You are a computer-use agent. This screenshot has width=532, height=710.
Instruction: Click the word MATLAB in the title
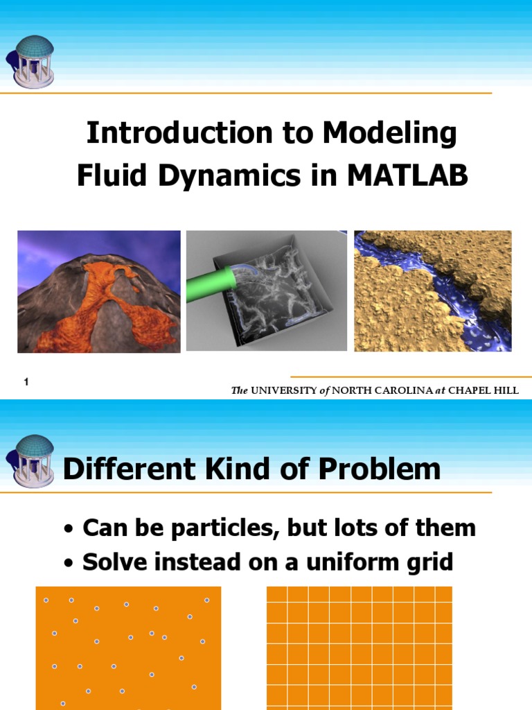click(407, 176)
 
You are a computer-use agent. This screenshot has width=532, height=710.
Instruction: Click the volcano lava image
click(98, 292)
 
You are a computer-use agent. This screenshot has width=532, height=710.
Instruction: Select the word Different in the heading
click(118, 469)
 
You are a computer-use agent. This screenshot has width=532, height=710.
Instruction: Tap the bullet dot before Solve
click(68, 562)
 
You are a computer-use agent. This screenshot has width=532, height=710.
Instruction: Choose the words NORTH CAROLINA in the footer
click(382, 390)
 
